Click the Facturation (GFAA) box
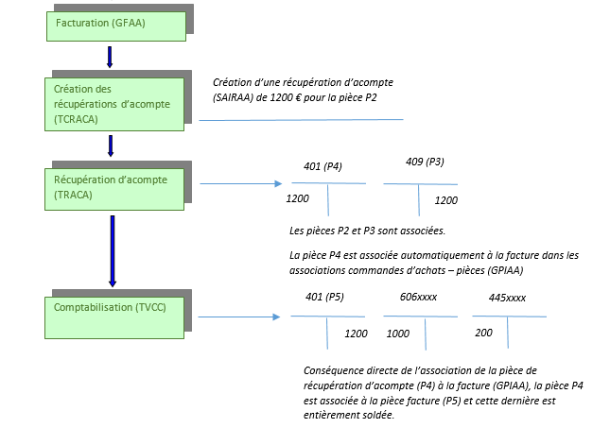[x=116, y=26]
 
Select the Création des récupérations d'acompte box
[x=114, y=104]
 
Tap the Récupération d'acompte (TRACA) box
[x=114, y=189]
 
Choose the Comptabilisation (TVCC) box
[x=114, y=317]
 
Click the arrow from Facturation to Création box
[x=110, y=57]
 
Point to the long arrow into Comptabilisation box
[x=113, y=251]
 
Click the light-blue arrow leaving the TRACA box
[x=241, y=183]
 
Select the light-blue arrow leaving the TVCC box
[x=239, y=317]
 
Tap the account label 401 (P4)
[x=322, y=166]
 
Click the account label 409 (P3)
[x=425, y=162]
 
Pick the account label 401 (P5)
[x=324, y=298]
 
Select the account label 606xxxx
[x=418, y=298]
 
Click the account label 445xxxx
[x=507, y=299]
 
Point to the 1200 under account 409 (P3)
[x=445, y=200]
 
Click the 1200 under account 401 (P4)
[x=298, y=198]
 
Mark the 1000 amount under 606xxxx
[x=398, y=334]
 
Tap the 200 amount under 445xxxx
[x=483, y=333]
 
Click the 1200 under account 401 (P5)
[x=356, y=334]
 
